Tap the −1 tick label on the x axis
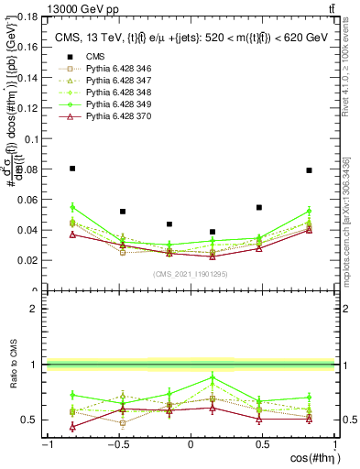(47, 446)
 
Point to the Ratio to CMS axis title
(12, 365)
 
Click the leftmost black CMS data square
(72, 169)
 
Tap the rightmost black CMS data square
(310, 170)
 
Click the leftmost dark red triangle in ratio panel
(72, 426)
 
